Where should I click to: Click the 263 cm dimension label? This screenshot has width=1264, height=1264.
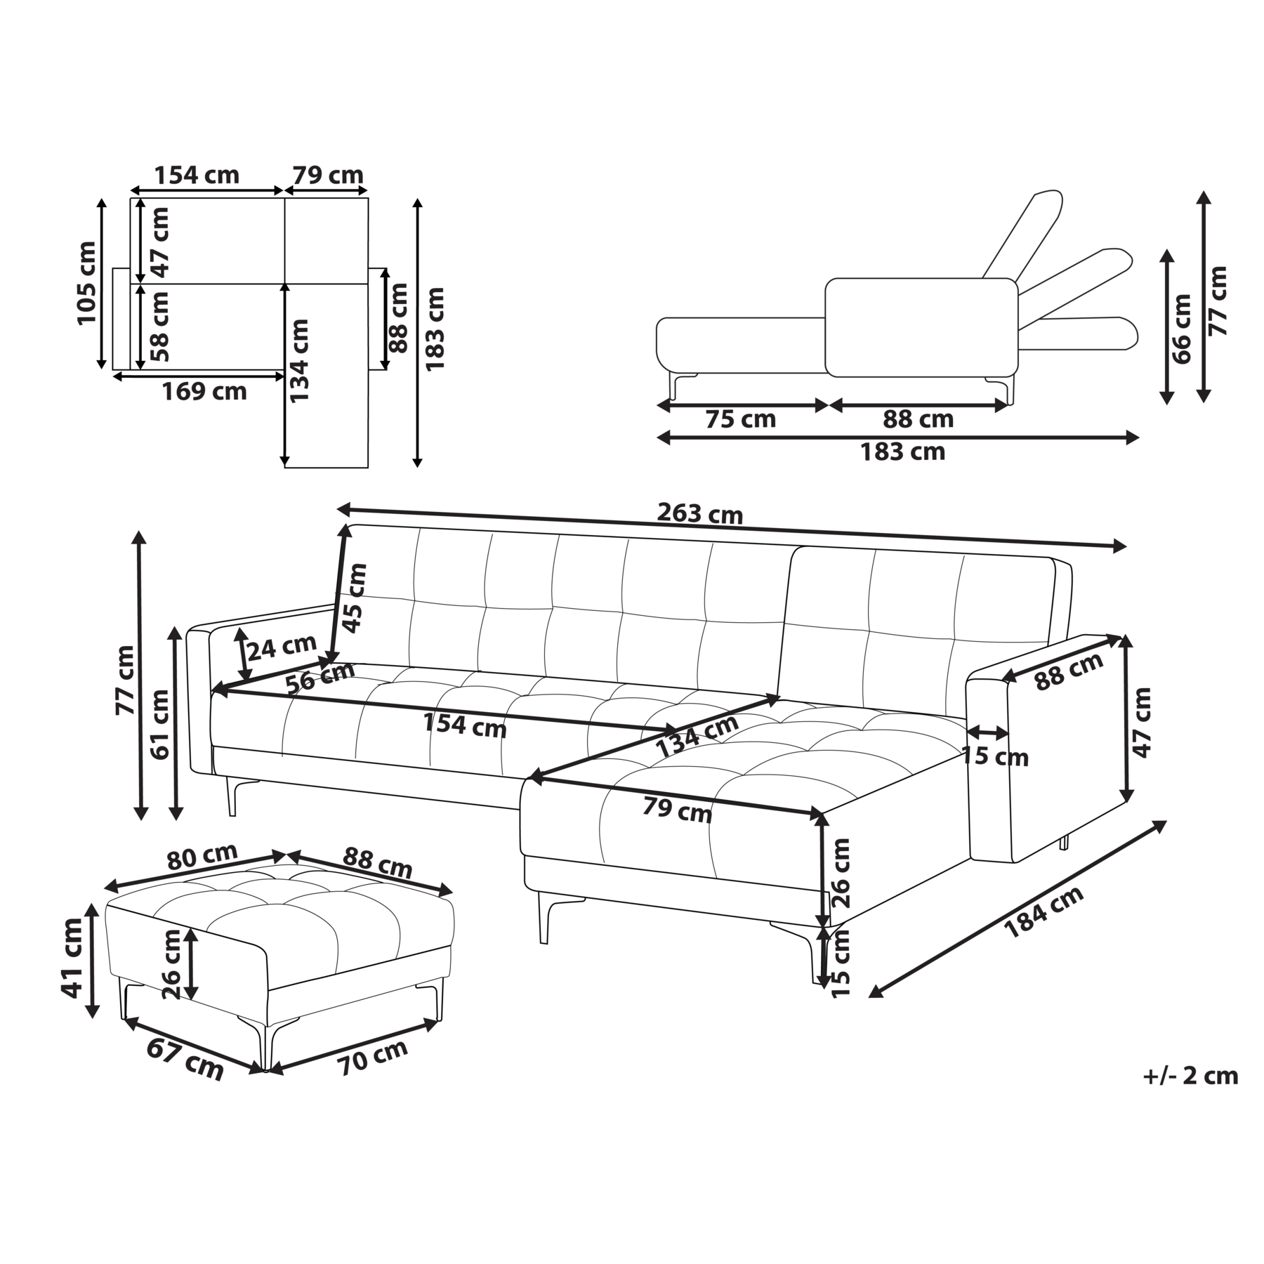click(699, 514)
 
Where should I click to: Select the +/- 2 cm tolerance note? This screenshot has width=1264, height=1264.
click(1190, 1076)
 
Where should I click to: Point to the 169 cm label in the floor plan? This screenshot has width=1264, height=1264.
click(204, 391)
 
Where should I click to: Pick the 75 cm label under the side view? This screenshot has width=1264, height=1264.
click(740, 419)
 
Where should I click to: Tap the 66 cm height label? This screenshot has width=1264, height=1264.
click(1182, 329)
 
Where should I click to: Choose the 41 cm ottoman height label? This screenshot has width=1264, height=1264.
click(72, 958)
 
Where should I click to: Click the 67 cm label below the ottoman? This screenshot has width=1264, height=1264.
click(185, 1059)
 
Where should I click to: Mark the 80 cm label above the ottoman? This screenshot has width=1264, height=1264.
click(202, 856)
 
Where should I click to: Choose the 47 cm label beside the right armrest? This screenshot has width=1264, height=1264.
click(1143, 722)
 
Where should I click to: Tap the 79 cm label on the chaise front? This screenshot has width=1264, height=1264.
click(677, 810)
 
